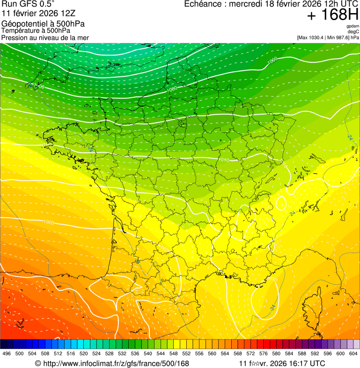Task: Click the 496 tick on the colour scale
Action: pos(7,353)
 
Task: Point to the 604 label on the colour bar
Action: pos(353,353)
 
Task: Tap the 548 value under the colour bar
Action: pos(173,353)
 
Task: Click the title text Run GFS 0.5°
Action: pos(28,4)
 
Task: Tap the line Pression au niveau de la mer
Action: pos(45,37)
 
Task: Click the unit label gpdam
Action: pos(353,26)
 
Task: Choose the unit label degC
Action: pos(353,31)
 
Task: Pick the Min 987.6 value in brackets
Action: pos(339,37)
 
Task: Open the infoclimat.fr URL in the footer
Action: pos(112,364)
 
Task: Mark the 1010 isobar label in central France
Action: pos(224,160)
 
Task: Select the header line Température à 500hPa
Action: pos(36,31)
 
